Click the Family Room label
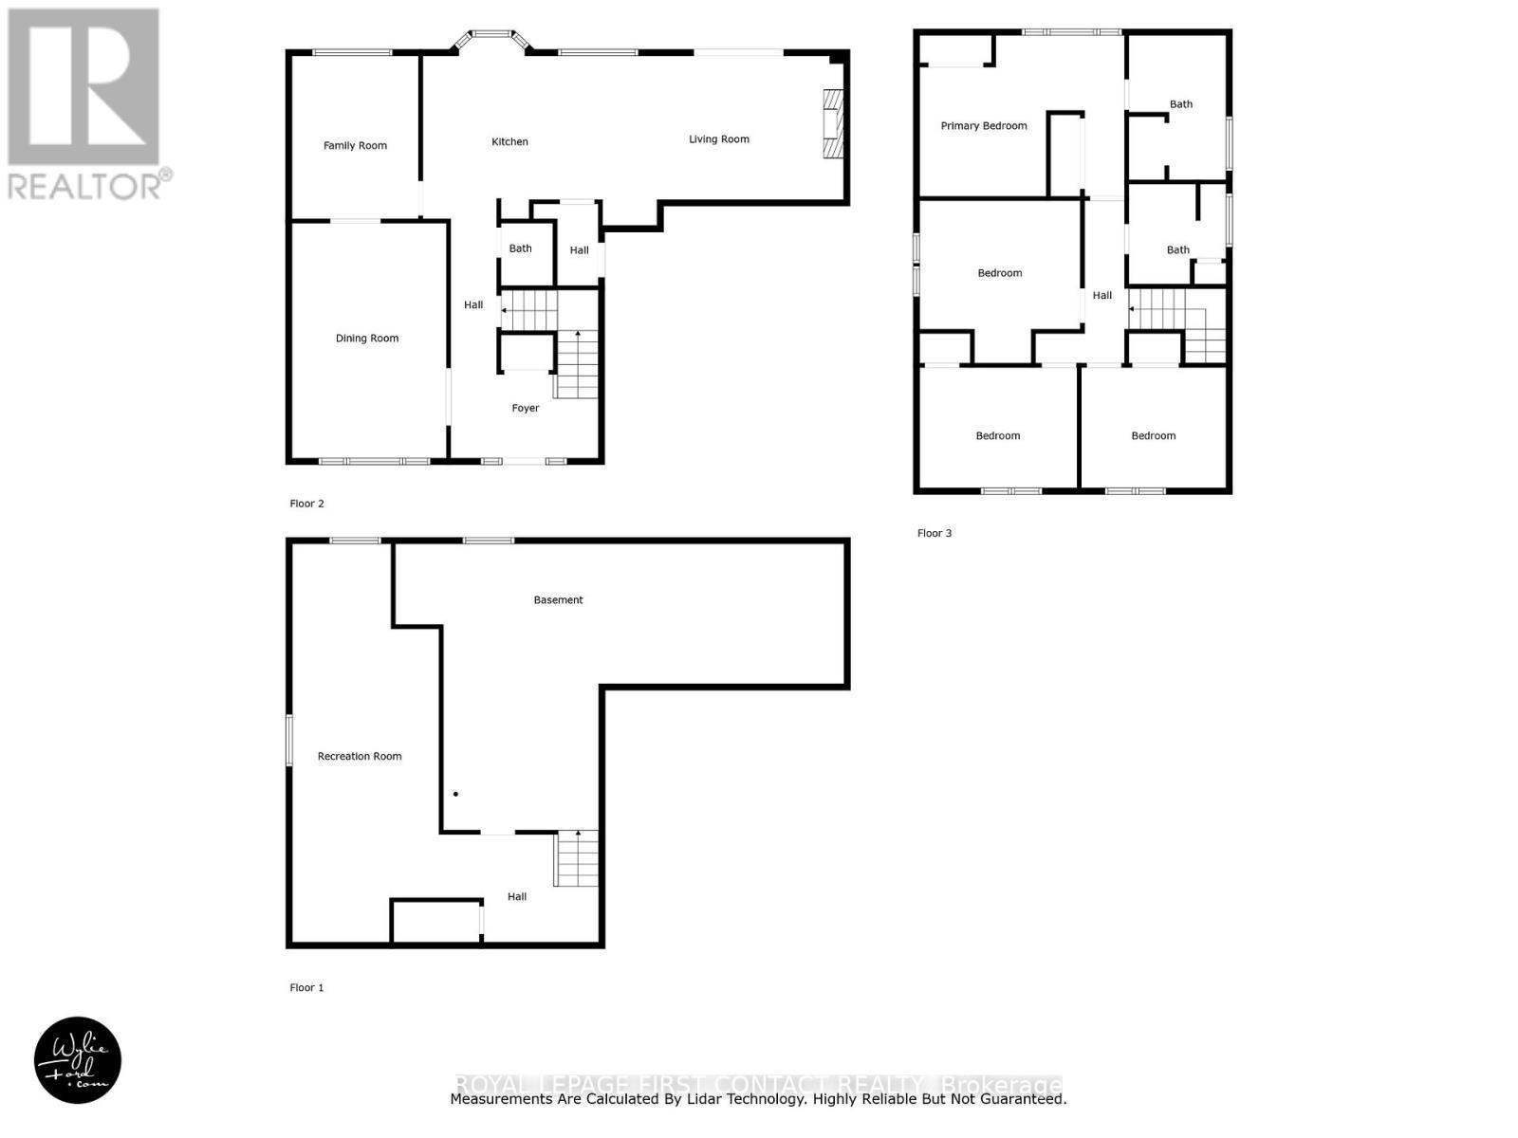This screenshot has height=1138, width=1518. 355,145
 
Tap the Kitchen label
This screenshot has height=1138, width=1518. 509,141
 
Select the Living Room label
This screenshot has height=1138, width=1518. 718,139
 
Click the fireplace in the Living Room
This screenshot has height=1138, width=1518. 832,123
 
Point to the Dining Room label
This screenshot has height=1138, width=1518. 366,339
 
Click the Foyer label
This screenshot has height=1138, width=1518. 525,408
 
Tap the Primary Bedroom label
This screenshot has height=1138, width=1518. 983,125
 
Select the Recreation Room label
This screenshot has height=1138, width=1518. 359,756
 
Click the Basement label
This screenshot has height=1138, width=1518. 558,599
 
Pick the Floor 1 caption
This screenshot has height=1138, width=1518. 306,987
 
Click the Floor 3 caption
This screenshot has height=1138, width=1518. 934,533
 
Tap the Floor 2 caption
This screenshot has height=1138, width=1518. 306,504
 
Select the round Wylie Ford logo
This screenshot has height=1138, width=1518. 78,1060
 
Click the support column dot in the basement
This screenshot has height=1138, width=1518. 455,794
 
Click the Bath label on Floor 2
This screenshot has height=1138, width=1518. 520,248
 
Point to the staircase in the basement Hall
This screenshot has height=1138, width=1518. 576,858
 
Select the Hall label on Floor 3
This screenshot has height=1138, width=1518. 1101,295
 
